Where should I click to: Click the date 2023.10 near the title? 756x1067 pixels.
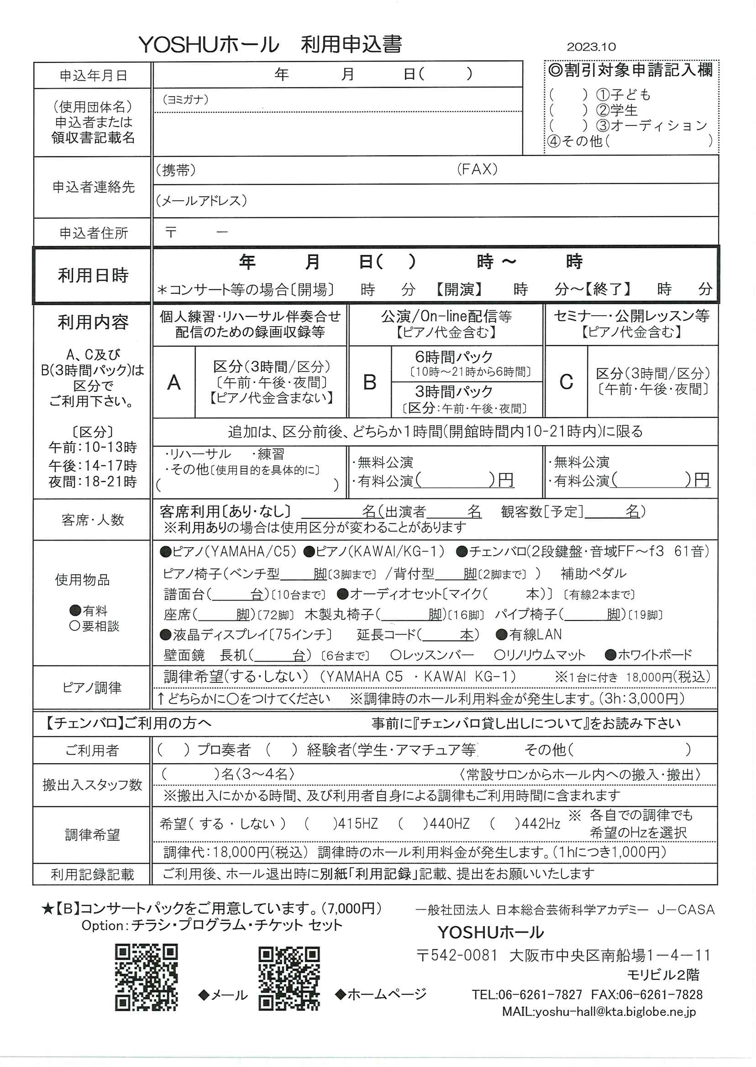point(591,47)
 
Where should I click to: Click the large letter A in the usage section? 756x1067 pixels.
point(173,383)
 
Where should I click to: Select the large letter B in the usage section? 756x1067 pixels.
point(370,382)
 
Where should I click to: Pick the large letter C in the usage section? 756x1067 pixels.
point(566,382)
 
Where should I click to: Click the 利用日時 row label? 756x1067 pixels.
point(93,276)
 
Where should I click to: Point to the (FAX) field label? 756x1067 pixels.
point(477,169)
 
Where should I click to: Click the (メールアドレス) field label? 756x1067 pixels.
point(201,200)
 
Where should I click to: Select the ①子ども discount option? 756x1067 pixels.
point(624,95)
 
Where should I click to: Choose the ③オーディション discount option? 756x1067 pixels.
point(651,125)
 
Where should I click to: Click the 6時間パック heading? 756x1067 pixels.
point(453,357)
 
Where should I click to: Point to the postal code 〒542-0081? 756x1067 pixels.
point(457,955)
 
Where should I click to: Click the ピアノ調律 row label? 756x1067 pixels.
point(92,687)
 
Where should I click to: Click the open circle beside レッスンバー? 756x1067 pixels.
point(396,655)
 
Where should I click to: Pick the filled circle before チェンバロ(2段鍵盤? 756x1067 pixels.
point(462,552)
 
